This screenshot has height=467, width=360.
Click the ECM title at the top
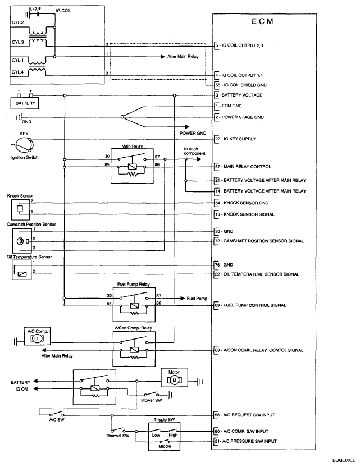pyautogui.click(x=262, y=21)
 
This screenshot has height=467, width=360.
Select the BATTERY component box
pyautogui.click(x=25, y=103)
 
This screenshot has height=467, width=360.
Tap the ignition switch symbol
pyautogui.click(x=24, y=145)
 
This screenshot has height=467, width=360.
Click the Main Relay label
pyautogui.click(x=132, y=146)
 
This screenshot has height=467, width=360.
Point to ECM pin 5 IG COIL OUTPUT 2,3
pyautogui.click(x=239, y=45)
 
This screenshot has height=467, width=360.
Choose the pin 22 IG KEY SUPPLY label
pyautogui.click(x=235, y=139)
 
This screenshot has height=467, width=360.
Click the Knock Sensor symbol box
pyautogui.click(x=21, y=210)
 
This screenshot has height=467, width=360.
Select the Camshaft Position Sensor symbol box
pyautogui.click(x=22, y=241)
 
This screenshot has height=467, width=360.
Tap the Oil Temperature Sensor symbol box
pyautogui.click(x=22, y=270)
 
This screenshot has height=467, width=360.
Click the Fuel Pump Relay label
pyautogui.click(x=134, y=284)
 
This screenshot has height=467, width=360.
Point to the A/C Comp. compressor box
pyautogui.click(x=37, y=336)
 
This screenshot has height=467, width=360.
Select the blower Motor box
pyautogui.click(x=174, y=377)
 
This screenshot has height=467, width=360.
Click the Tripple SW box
pyautogui.click(x=165, y=436)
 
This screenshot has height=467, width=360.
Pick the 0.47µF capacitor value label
pyautogui.click(x=35, y=9)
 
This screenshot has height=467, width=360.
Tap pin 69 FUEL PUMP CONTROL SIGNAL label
pyautogui.click(x=250, y=305)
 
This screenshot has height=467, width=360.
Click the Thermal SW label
pyautogui.click(x=117, y=436)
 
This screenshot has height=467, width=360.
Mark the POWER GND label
pyautogui.click(x=193, y=133)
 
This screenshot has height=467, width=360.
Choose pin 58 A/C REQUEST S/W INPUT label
pyautogui.click(x=245, y=415)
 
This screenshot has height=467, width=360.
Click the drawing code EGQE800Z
pyautogui.click(x=344, y=460)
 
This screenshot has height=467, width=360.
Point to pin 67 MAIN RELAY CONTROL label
pyautogui.click(x=243, y=167)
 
